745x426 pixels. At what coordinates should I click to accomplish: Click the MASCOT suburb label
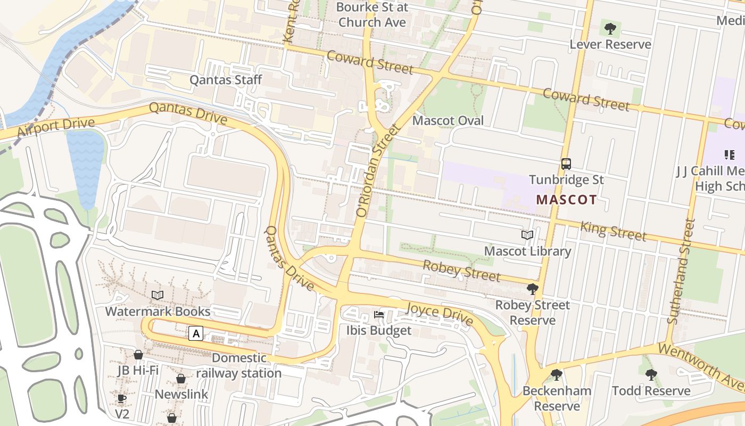tap(566, 200)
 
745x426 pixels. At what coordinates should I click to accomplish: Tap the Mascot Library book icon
tap(527, 235)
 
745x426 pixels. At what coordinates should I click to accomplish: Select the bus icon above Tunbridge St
tap(566, 163)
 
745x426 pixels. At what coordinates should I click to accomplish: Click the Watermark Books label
tap(158, 311)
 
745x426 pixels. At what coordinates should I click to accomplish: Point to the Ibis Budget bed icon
tap(379, 314)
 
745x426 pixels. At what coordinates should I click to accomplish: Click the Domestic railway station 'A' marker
tap(196, 334)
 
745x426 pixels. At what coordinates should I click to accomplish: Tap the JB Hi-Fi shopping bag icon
tap(138, 355)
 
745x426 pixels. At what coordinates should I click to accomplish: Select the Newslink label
tap(181, 395)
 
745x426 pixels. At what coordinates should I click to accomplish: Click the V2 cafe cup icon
tap(122, 398)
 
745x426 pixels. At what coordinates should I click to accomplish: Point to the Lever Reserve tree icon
tap(610, 28)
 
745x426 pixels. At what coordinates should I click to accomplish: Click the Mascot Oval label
tap(448, 120)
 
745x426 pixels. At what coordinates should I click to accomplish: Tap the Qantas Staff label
tap(226, 80)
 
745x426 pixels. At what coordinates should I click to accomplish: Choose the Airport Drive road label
tap(55, 128)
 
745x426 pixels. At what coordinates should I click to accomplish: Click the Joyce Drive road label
tap(440, 314)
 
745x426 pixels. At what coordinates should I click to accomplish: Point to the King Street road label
tap(613, 231)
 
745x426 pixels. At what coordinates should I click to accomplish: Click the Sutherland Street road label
tap(682, 272)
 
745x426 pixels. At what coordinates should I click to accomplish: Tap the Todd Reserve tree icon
tap(651, 375)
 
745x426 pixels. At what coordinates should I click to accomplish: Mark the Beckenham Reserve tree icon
tap(557, 375)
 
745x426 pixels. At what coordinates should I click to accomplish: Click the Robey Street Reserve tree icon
tap(532, 289)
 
